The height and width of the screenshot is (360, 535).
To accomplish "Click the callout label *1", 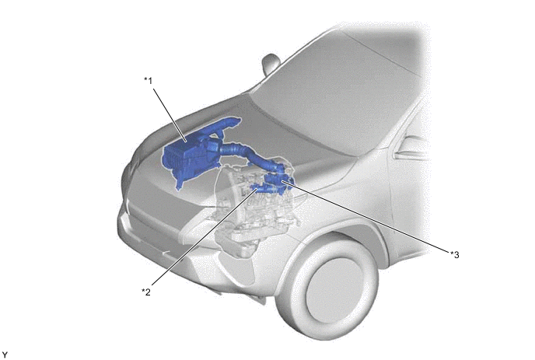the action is click(148, 81).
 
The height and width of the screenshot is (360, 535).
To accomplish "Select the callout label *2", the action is click(146, 292).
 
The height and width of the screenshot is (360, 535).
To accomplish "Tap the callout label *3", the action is click(454, 254).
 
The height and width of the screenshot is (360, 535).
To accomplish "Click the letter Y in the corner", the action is click(5, 355).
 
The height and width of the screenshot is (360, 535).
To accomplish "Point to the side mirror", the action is click(271, 64).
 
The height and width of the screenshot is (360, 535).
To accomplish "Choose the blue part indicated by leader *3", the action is click(278, 179).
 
